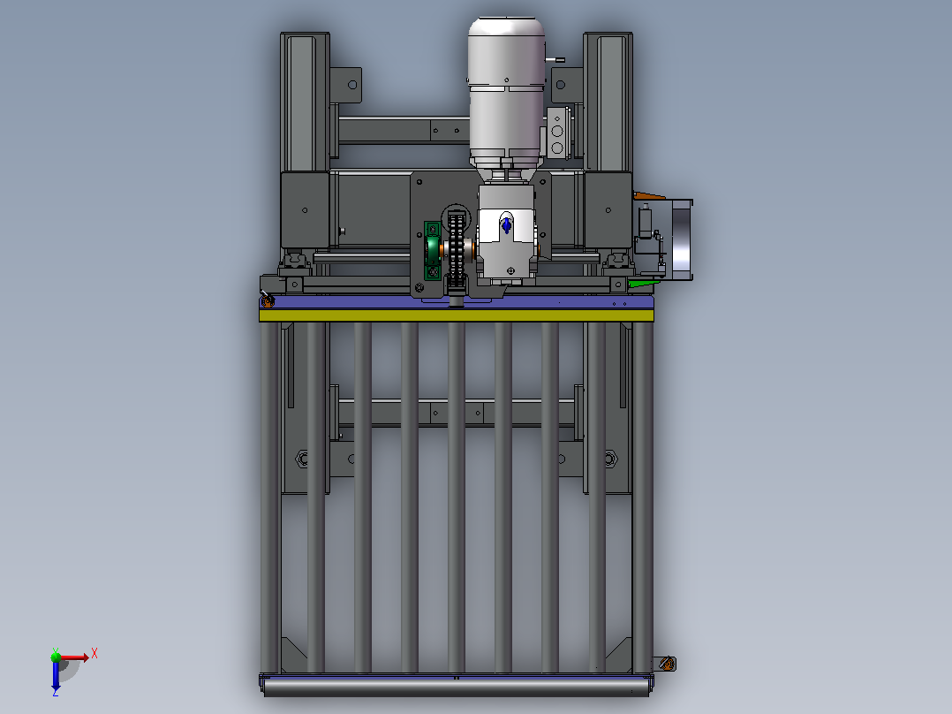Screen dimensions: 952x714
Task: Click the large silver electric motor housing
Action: pyautogui.click(x=506, y=91)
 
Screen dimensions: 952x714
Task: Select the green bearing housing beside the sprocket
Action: pyautogui.click(x=432, y=250)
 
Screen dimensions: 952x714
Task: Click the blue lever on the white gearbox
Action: pyautogui.click(x=507, y=224)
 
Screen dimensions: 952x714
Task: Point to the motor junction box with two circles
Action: pyautogui.click(x=556, y=133)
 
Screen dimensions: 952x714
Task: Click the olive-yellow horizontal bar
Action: pyautogui.click(x=456, y=315)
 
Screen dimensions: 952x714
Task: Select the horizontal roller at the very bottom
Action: pyautogui.click(x=456, y=687)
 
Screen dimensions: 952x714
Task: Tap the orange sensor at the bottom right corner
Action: pyautogui.click(x=667, y=664)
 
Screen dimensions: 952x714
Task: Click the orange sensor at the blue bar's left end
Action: pyautogui.click(x=267, y=300)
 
